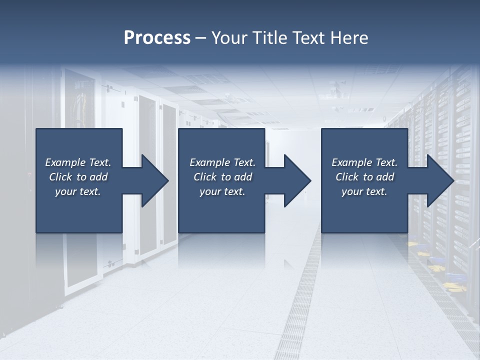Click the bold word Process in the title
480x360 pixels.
[157, 38]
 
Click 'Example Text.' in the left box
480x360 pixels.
[78, 162]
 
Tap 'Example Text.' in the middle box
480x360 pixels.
[222, 162]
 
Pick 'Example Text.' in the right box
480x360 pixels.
[364, 162]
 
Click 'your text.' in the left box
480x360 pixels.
[78, 191]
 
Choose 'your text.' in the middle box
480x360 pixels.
[222, 191]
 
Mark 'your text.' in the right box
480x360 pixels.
[364, 191]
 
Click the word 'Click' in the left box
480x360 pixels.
[60, 177]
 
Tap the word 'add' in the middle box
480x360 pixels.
[242, 177]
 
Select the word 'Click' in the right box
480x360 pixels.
[347, 177]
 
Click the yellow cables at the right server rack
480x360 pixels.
[453, 287]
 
